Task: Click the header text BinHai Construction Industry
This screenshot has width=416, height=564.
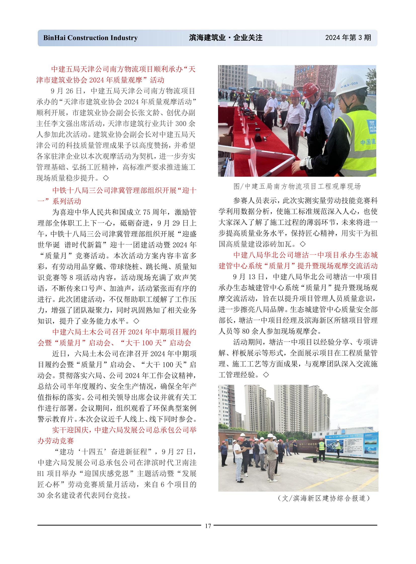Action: [90, 38]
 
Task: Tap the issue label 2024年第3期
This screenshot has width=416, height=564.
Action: [348, 37]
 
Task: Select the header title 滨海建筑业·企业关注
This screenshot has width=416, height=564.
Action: [226, 38]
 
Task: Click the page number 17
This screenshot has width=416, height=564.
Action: [208, 526]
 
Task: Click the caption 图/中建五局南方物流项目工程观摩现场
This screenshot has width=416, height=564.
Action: [297, 186]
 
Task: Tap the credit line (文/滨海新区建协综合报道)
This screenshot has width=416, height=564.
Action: [324, 498]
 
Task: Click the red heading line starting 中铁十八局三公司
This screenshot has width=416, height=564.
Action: [124, 191]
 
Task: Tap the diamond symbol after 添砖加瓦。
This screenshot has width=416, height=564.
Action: [303, 244]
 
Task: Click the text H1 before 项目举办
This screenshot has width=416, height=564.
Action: [41, 474]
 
